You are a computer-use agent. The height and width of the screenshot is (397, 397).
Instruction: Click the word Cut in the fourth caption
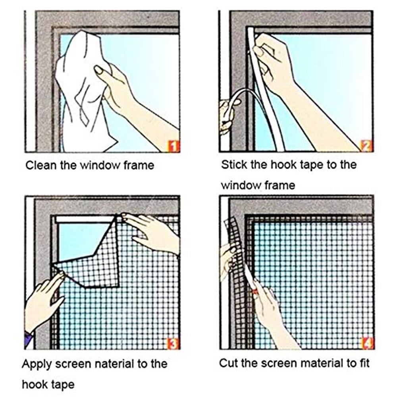[x=228, y=362]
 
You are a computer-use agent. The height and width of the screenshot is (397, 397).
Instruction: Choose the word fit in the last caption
[x=364, y=362]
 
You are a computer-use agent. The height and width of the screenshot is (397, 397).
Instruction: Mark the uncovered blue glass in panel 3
[x=77, y=238]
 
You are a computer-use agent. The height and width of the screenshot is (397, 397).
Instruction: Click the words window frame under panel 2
[x=258, y=185]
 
